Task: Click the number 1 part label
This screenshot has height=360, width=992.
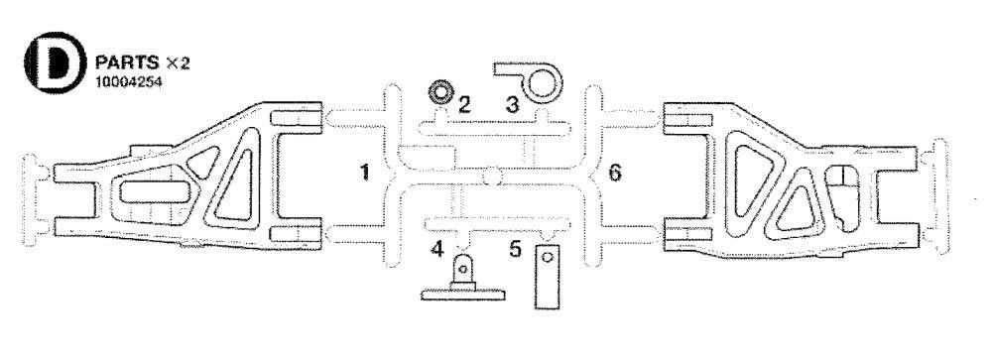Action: coord(365,174)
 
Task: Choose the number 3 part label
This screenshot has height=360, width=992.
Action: coord(512,102)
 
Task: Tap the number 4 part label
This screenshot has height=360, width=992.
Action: coord(437,248)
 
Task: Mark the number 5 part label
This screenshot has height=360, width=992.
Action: coord(516,248)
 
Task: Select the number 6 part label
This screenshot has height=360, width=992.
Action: coord(615,174)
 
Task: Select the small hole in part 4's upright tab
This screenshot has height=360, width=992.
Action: coord(462,265)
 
